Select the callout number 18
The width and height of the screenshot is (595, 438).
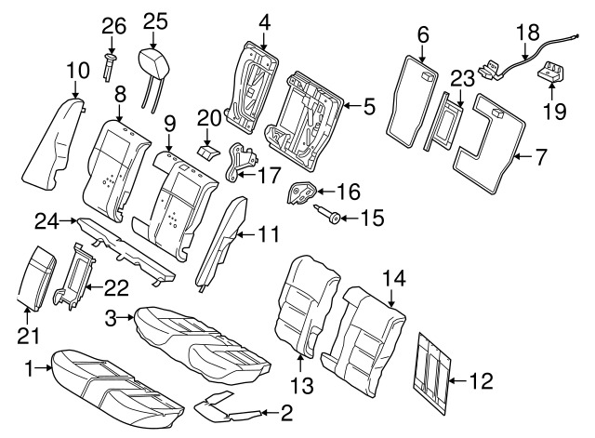pos(527,31)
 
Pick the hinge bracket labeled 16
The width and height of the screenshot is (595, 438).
pos(301,192)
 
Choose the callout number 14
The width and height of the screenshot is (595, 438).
pos(392,276)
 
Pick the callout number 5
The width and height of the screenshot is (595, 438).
pos(369,107)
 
